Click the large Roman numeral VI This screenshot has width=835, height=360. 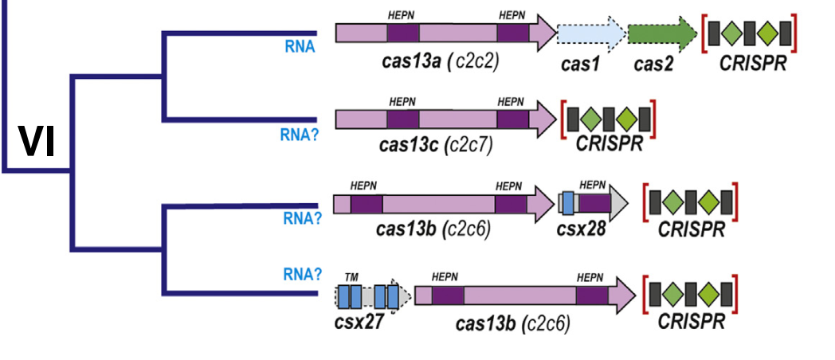coord(37,143)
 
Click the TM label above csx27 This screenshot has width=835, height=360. coord(351,276)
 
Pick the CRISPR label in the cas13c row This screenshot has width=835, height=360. coord(608,147)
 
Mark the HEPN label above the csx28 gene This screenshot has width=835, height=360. coord(593,185)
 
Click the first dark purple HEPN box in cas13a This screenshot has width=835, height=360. coord(403,33)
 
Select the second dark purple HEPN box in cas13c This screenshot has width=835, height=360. coord(513,119)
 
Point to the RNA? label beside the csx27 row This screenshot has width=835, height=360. coord(302,275)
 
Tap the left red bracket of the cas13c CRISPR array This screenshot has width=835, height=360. coord(564,119)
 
